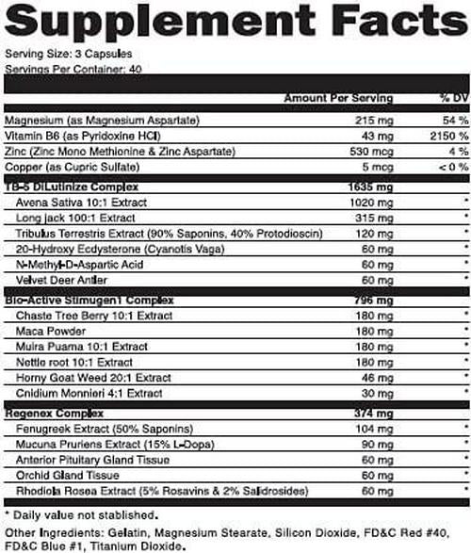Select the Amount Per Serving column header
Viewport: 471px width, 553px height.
point(329,98)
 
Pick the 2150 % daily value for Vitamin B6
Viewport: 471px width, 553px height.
point(433,138)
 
